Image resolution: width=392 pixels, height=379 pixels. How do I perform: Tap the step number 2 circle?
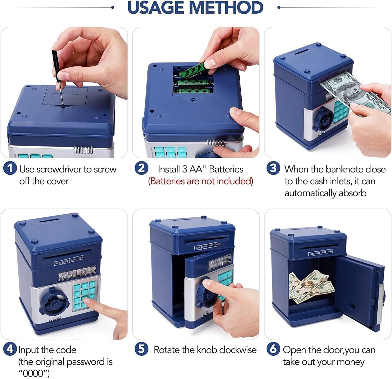[141, 168]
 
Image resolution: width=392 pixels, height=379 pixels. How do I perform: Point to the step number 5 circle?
[141, 349]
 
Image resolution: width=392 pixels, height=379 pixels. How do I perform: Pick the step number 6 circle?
[273, 349]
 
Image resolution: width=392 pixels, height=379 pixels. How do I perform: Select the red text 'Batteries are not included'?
[200, 181]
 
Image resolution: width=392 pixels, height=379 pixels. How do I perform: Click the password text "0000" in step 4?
[34, 373]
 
